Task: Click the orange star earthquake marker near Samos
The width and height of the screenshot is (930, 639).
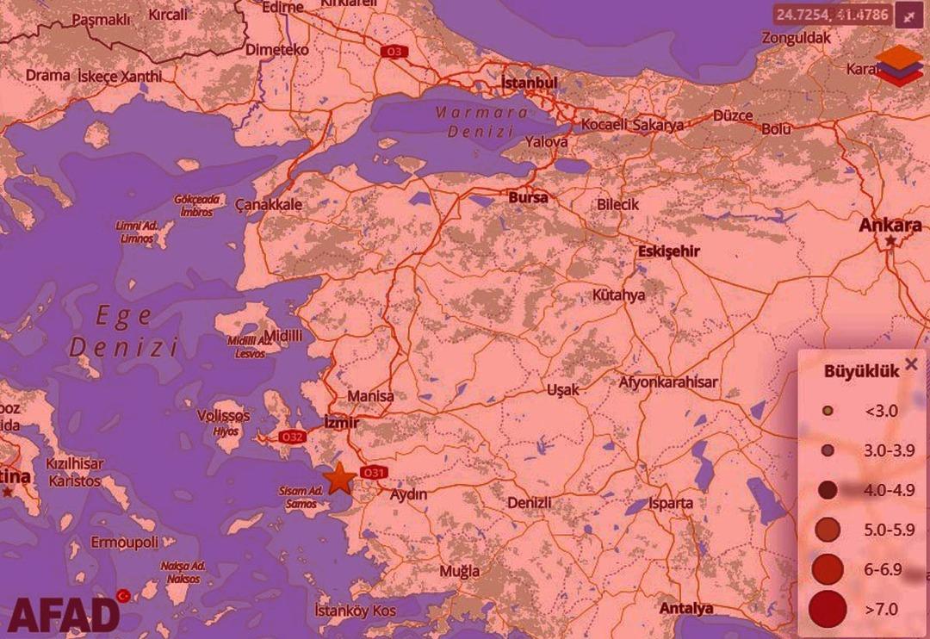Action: point(341,477)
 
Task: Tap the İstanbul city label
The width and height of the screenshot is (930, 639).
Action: point(530,83)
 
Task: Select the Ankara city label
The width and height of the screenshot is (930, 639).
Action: point(891,226)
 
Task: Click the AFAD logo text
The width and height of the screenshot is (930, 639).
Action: point(64,614)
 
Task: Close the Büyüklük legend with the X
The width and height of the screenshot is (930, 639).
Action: point(911,364)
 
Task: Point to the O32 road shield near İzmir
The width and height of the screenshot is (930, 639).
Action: point(292,437)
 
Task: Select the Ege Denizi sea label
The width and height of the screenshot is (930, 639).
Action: point(124,332)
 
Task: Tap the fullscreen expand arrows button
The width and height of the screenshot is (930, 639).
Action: point(909,14)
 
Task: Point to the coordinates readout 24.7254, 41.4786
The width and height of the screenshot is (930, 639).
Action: point(831,14)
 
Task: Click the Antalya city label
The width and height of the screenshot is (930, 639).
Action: point(686,609)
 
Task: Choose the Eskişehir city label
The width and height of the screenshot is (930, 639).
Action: point(668,251)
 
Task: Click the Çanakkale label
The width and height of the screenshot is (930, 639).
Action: point(270,205)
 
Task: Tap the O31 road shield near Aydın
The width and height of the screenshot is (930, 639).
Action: point(375,473)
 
